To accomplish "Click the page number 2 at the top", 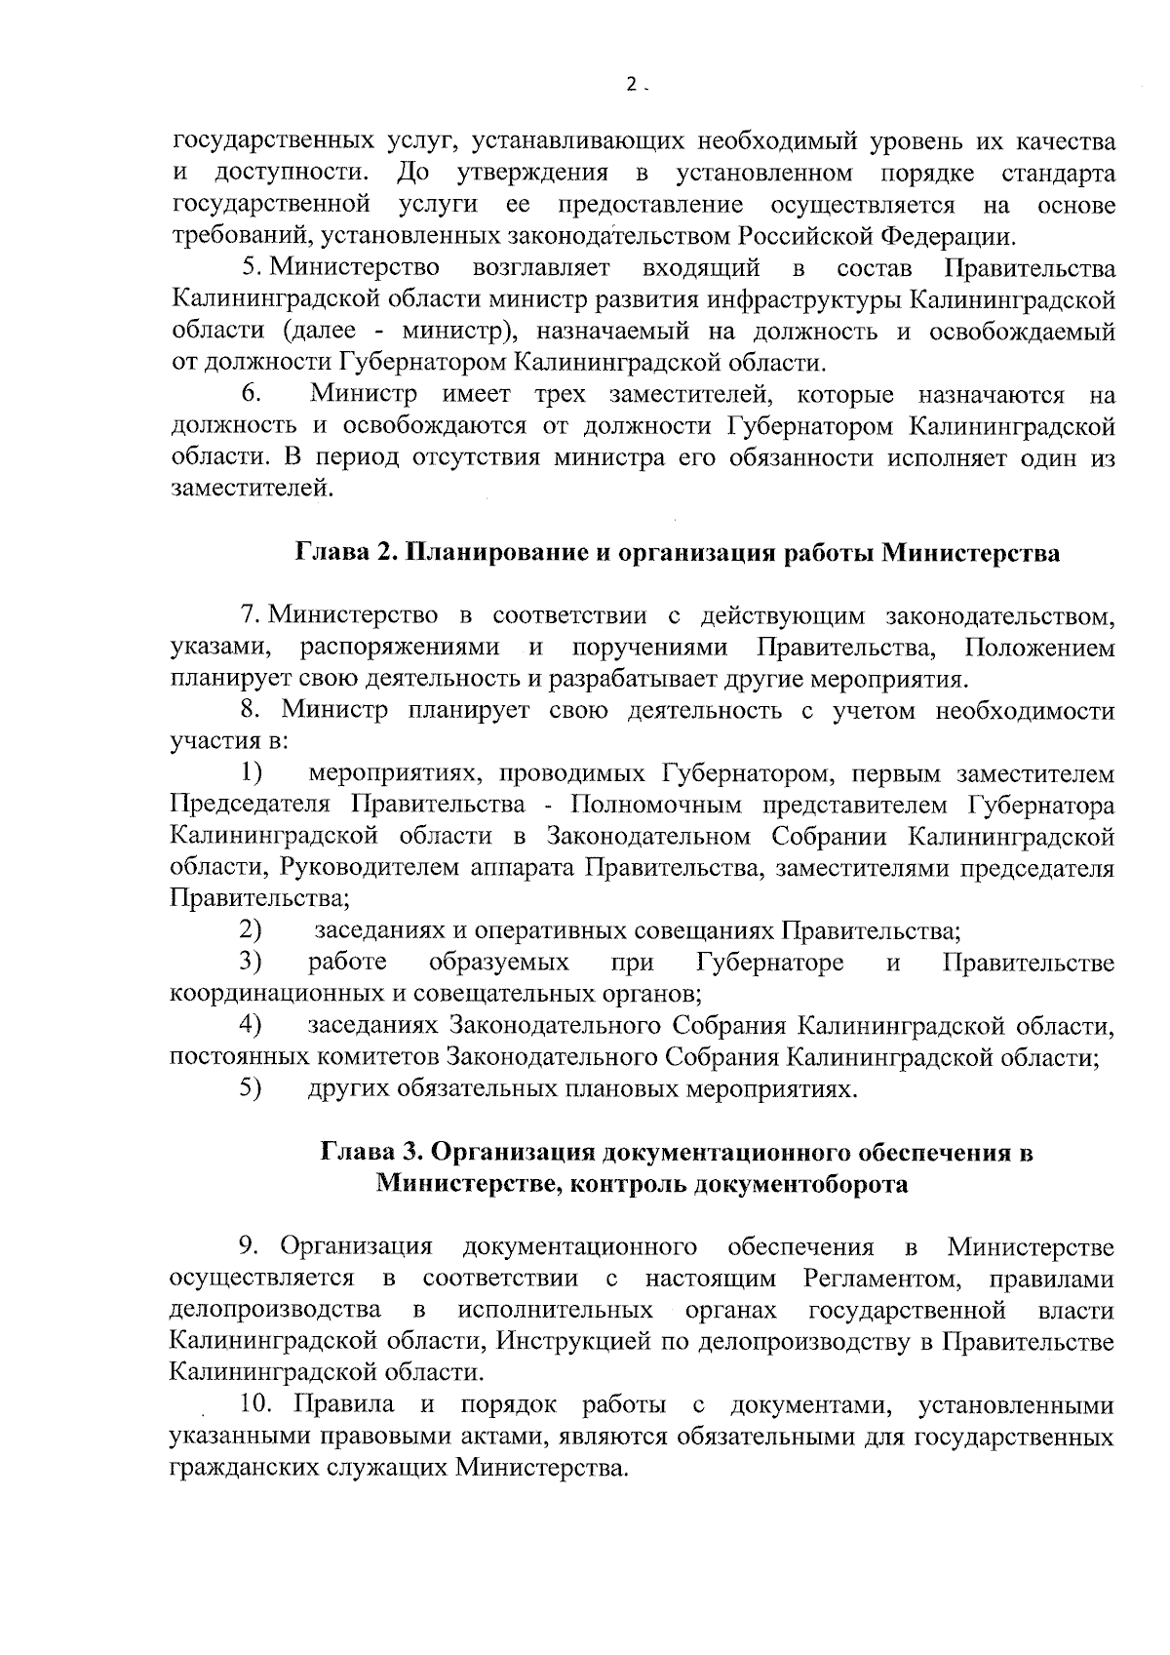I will click(x=632, y=85).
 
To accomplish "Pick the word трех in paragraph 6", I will click(x=560, y=395).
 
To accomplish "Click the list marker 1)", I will click(x=252, y=774).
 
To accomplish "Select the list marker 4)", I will click(x=252, y=1025).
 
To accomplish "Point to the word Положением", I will click(x=1038, y=648).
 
